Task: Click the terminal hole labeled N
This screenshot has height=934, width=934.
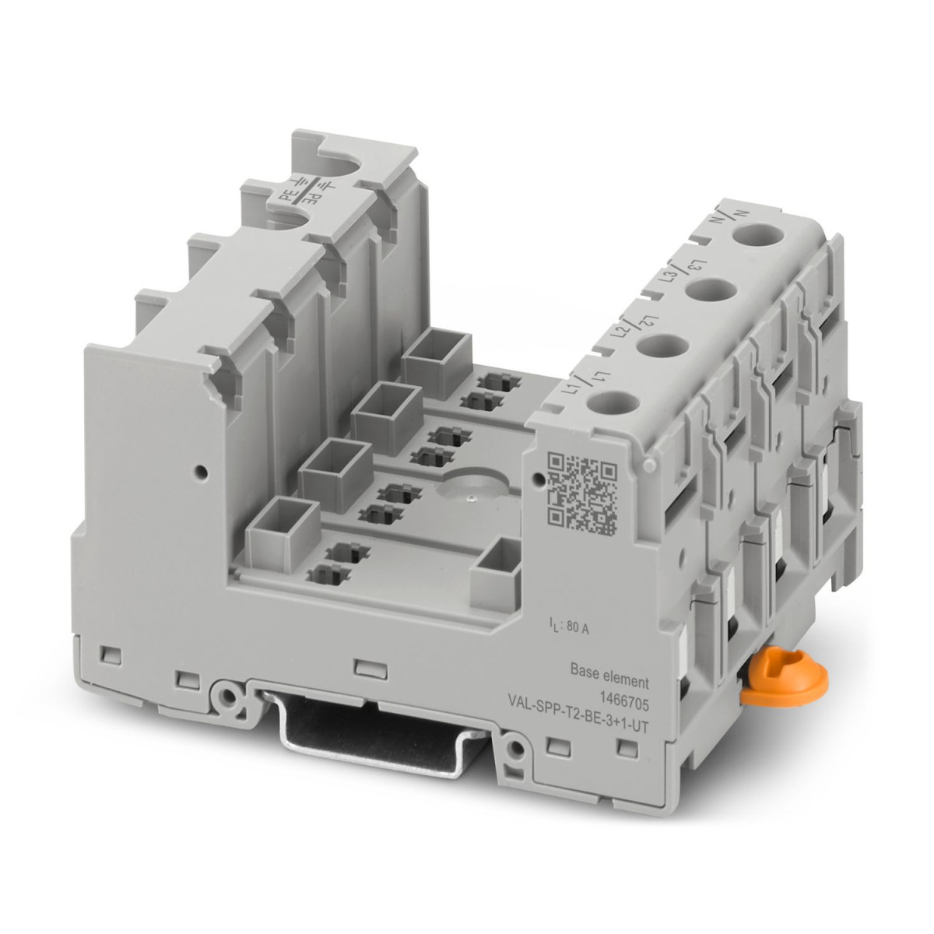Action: [757, 235]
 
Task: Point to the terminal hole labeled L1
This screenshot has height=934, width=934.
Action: [607, 404]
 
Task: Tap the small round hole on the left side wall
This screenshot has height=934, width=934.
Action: [201, 471]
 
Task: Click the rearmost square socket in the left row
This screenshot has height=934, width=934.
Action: [437, 359]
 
